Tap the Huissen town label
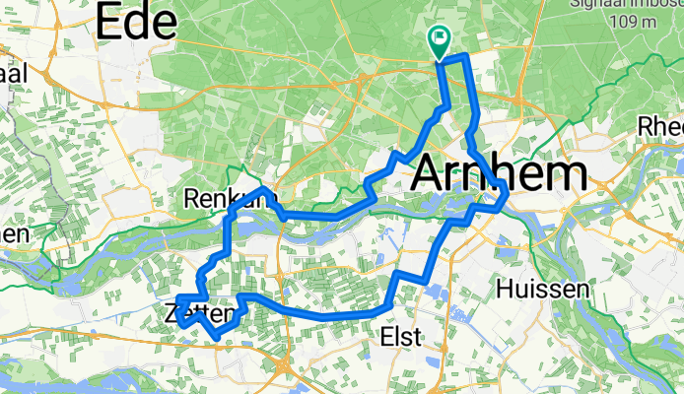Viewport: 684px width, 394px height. pyautogui.click(x=543, y=289)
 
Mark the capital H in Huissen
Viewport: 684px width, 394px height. pyautogui.click(x=507, y=289)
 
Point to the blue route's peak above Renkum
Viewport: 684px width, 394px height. pyautogui.click(x=262, y=187)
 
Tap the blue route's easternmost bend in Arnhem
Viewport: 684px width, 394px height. pyautogui.click(x=507, y=193)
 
